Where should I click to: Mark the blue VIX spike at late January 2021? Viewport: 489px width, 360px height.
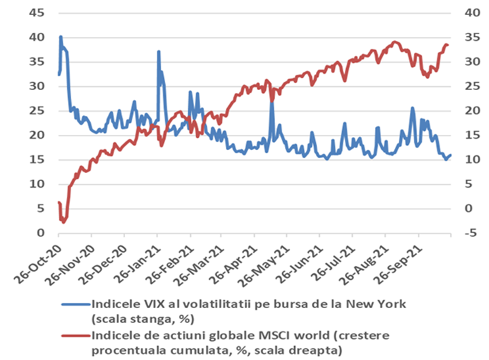tap(159, 51)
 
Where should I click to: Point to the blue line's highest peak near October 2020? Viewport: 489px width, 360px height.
tap(61, 37)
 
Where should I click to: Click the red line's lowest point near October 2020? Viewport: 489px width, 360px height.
tap(64, 222)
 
